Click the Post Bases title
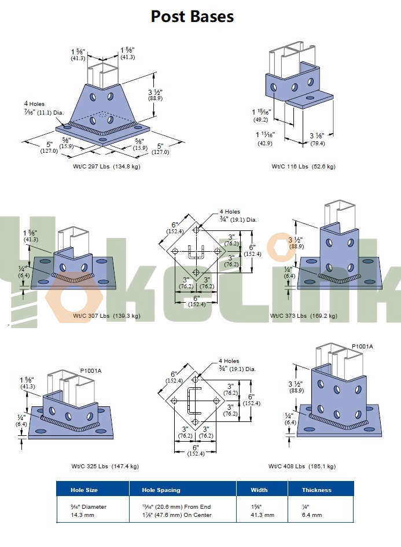pos(192,16)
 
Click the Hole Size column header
pos(84,490)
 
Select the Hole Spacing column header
pos(161,490)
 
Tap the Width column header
pos(259,490)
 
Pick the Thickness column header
pos(317,490)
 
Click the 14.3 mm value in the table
pos(82,515)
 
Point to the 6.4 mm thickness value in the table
pos(312,515)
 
